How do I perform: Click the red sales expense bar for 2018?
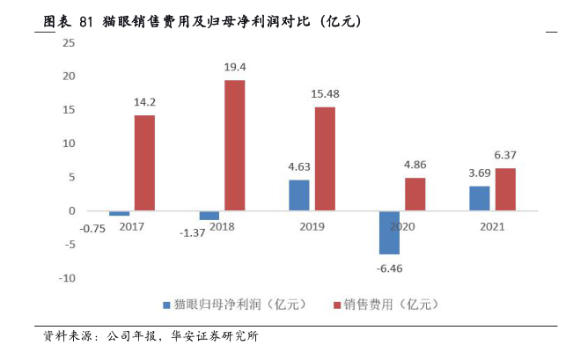click(x=235, y=145)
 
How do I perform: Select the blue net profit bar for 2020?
click(x=389, y=232)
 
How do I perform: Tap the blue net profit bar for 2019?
click(x=299, y=195)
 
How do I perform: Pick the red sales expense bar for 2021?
click(x=505, y=189)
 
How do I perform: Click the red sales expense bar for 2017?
click(x=144, y=163)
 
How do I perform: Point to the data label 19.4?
click(x=235, y=67)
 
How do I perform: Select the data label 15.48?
click(x=325, y=94)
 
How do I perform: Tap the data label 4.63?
click(x=299, y=166)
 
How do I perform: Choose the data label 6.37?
click(x=505, y=155)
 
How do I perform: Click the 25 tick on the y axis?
click(x=69, y=42)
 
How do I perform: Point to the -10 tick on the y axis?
click(x=67, y=278)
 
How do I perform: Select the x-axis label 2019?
click(x=312, y=226)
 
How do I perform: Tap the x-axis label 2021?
click(x=492, y=226)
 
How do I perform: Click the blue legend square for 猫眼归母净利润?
click(x=165, y=305)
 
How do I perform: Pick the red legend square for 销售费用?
click(x=336, y=305)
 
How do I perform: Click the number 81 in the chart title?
click(x=85, y=18)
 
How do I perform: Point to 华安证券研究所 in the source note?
click(x=216, y=336)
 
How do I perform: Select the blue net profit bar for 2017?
click(x=119, y=214)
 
